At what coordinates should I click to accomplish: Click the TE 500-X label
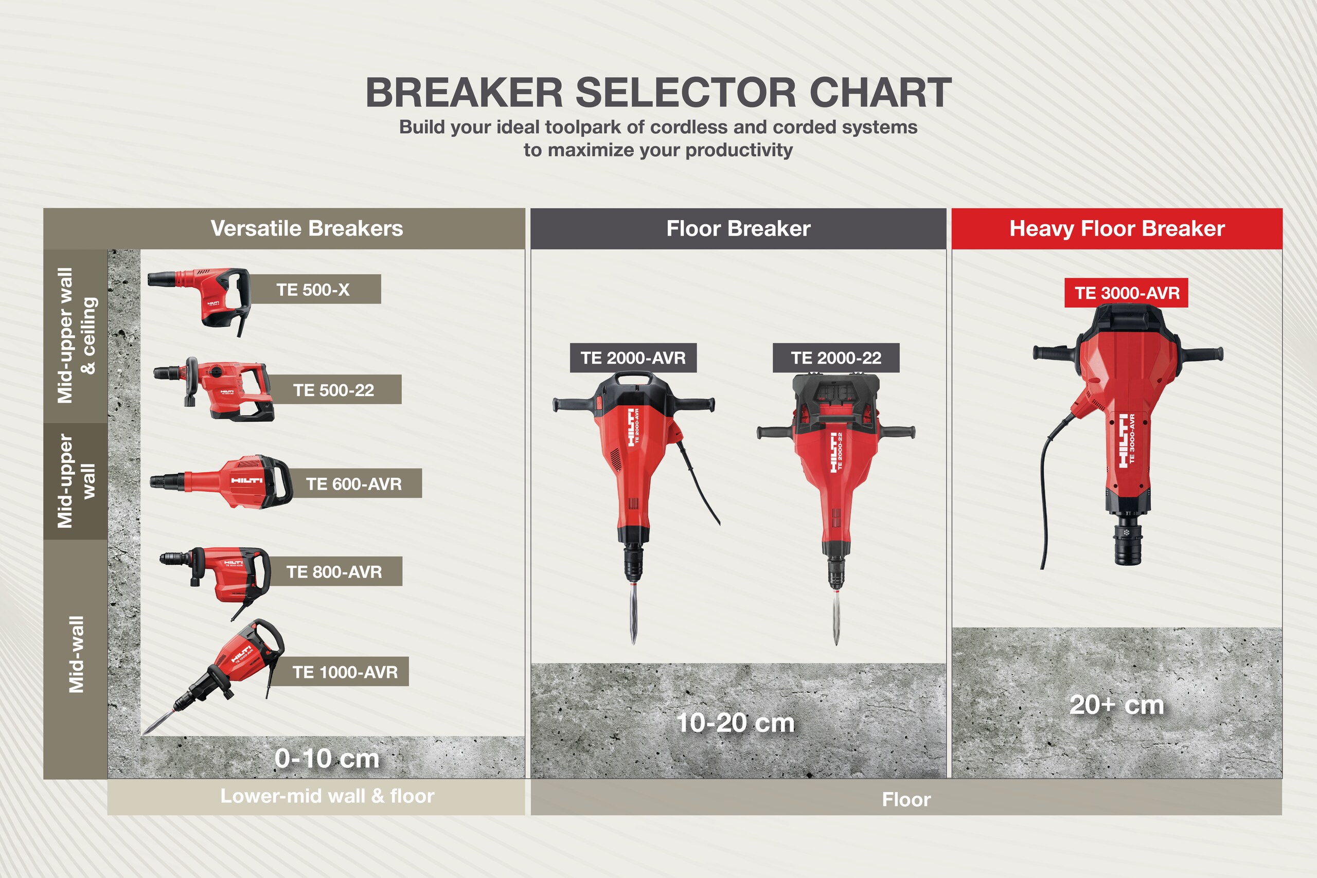(313, 290)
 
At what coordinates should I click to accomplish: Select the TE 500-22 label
(334, 390)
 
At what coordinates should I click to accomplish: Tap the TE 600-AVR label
(354, 483)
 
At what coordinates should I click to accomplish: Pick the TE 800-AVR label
(334, 572)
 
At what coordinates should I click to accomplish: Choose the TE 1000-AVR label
(345, 672)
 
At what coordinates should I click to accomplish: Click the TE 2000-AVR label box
(633, 358)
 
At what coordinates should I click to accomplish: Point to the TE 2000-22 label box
(836, 358)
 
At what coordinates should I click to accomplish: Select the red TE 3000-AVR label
(1127, 293)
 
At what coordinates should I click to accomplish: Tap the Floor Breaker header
(739, 228)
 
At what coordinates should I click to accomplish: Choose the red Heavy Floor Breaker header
(1117, 228)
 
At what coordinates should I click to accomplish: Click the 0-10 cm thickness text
(327, 759)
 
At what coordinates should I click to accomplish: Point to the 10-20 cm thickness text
(735, 723)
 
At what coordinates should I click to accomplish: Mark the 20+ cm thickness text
(1116, 705)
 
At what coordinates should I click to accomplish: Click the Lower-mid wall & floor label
(327, 796)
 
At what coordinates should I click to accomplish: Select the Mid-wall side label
(76, 655)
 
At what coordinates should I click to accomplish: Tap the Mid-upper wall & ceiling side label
(76, 335)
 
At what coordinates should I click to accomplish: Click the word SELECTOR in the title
(685, 93)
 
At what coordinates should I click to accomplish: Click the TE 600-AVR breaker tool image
(221, 481)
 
